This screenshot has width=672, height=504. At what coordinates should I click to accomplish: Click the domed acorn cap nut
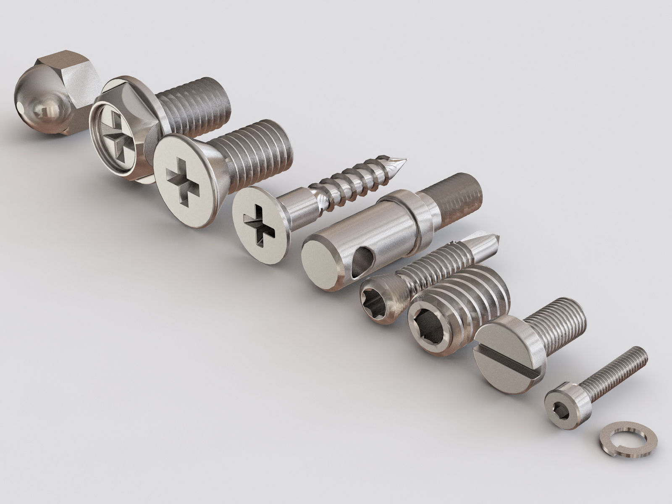[40, 105]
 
